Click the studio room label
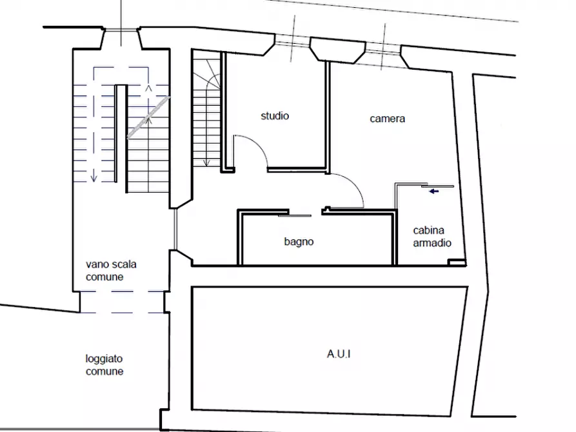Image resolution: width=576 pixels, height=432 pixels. coord(275,116)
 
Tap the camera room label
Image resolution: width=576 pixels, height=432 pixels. coord(387,119)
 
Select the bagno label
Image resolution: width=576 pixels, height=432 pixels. coord(299,242)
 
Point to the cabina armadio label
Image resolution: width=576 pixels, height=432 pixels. coord(432,237)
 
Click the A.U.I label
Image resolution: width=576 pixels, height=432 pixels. coord(339,354)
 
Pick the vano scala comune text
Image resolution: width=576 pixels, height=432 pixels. coord(111,270)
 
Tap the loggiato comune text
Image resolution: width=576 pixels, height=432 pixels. coord(104,365)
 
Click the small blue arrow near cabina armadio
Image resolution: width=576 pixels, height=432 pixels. coord(434,191)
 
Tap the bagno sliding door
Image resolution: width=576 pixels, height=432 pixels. coord(295,215)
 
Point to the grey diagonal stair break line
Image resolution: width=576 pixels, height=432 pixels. coord(148,117)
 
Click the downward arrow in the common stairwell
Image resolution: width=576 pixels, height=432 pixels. coord(94,175)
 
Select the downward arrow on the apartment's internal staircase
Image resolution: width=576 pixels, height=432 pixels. coord(206,162)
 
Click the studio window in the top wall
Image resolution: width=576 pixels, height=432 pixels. coord(292,41)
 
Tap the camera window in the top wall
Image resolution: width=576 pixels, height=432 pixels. coord(383,49)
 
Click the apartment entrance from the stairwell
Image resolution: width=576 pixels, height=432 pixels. coord(175,230)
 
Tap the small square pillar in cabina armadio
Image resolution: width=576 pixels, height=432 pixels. coord(457,262)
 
